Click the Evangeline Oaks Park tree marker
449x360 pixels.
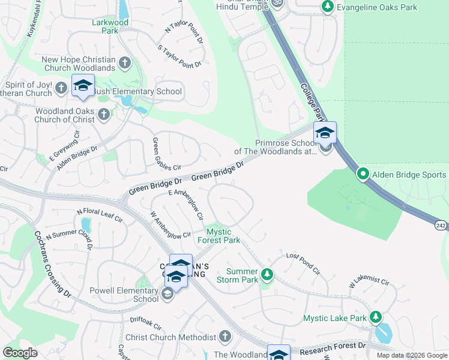(327, 6)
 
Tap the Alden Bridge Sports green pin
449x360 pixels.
(363, 174)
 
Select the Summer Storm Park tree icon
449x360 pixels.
(267, 275)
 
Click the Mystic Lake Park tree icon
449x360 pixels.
(376, 316)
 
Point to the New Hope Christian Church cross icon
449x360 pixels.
(125, 62)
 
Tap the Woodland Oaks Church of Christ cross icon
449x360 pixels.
(104, 114)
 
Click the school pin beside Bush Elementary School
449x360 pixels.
(83, 86)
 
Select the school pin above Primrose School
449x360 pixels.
(325, 133)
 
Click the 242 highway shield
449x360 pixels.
(441, 225)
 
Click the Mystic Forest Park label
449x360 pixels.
(223, 236)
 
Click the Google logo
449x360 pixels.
(20, 353)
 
